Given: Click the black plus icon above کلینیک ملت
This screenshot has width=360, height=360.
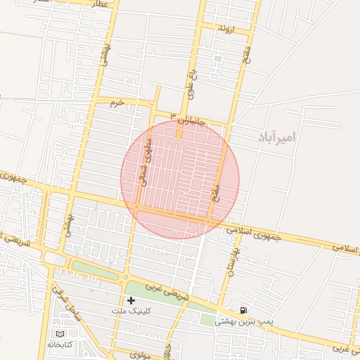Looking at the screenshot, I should [131, 300].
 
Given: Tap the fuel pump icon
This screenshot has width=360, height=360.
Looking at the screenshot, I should [243, 310].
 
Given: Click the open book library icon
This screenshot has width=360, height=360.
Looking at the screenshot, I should [60, 333].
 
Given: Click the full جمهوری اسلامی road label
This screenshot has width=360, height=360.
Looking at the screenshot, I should [254, 233].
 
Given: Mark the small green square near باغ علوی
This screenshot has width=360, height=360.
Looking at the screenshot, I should [217, 59].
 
